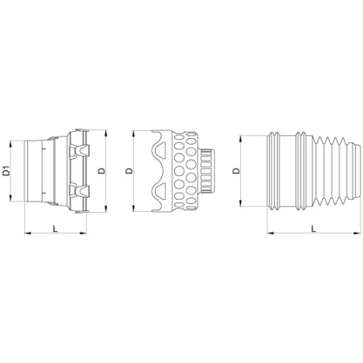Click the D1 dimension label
[7, 171]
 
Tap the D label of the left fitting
[102, 171]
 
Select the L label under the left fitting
[55, 228]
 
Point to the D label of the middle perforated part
[129, 171]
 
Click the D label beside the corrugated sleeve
[236, 171]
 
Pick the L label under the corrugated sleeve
[314, 228]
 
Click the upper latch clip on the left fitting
[80, 150]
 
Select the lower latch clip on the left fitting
[80, 190]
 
